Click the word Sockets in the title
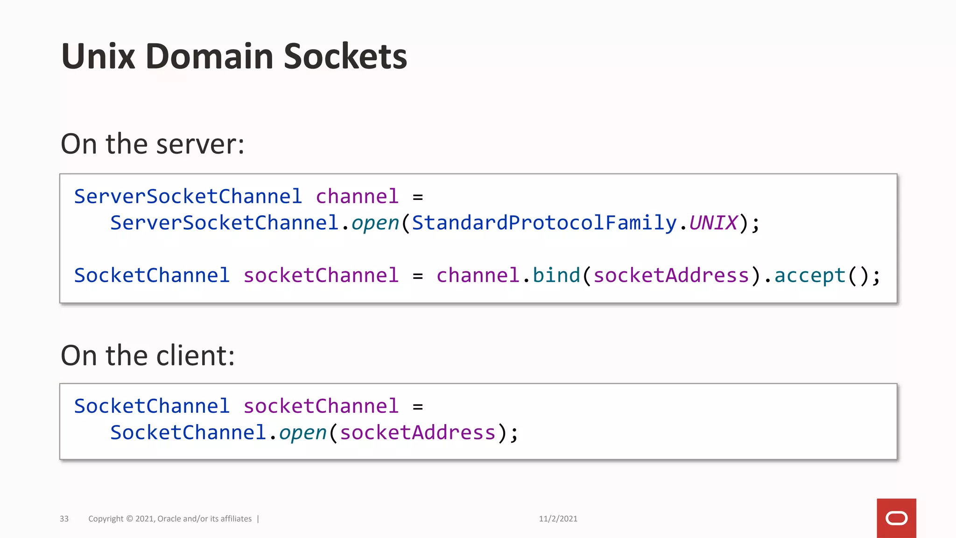[x=345, y=57]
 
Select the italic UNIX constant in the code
[x=713, y=223]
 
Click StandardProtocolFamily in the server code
[x=544, y=223]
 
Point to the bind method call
[x=556, y=276]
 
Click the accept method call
[x=810, y=276]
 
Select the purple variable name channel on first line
[x=357, y=197]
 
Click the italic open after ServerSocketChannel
[x=375, y=223]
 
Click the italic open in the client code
[x=302, y=433]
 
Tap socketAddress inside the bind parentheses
[x=671, y=276]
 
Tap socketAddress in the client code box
[x=417, y=433]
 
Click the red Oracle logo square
[x=896, y=518]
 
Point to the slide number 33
[x=64, y=519]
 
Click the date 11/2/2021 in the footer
[x=558, y=519]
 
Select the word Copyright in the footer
[x=106, y=519]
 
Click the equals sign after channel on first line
[x=418, y=198]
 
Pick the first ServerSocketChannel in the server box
[x=188, y=197]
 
